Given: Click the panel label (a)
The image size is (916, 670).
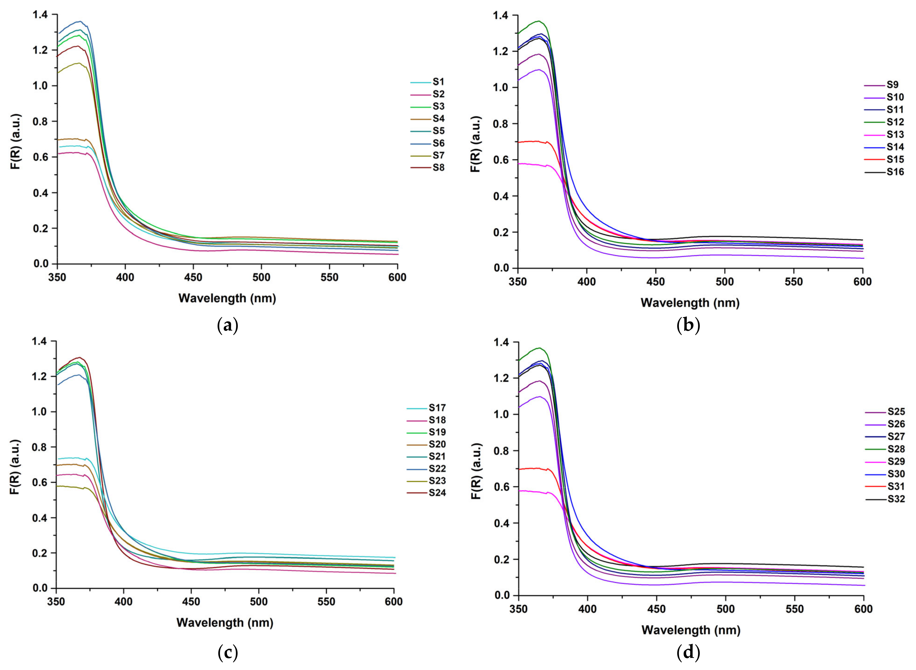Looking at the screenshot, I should [228, 326].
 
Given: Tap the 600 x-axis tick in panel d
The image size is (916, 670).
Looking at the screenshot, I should [863, 609].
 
